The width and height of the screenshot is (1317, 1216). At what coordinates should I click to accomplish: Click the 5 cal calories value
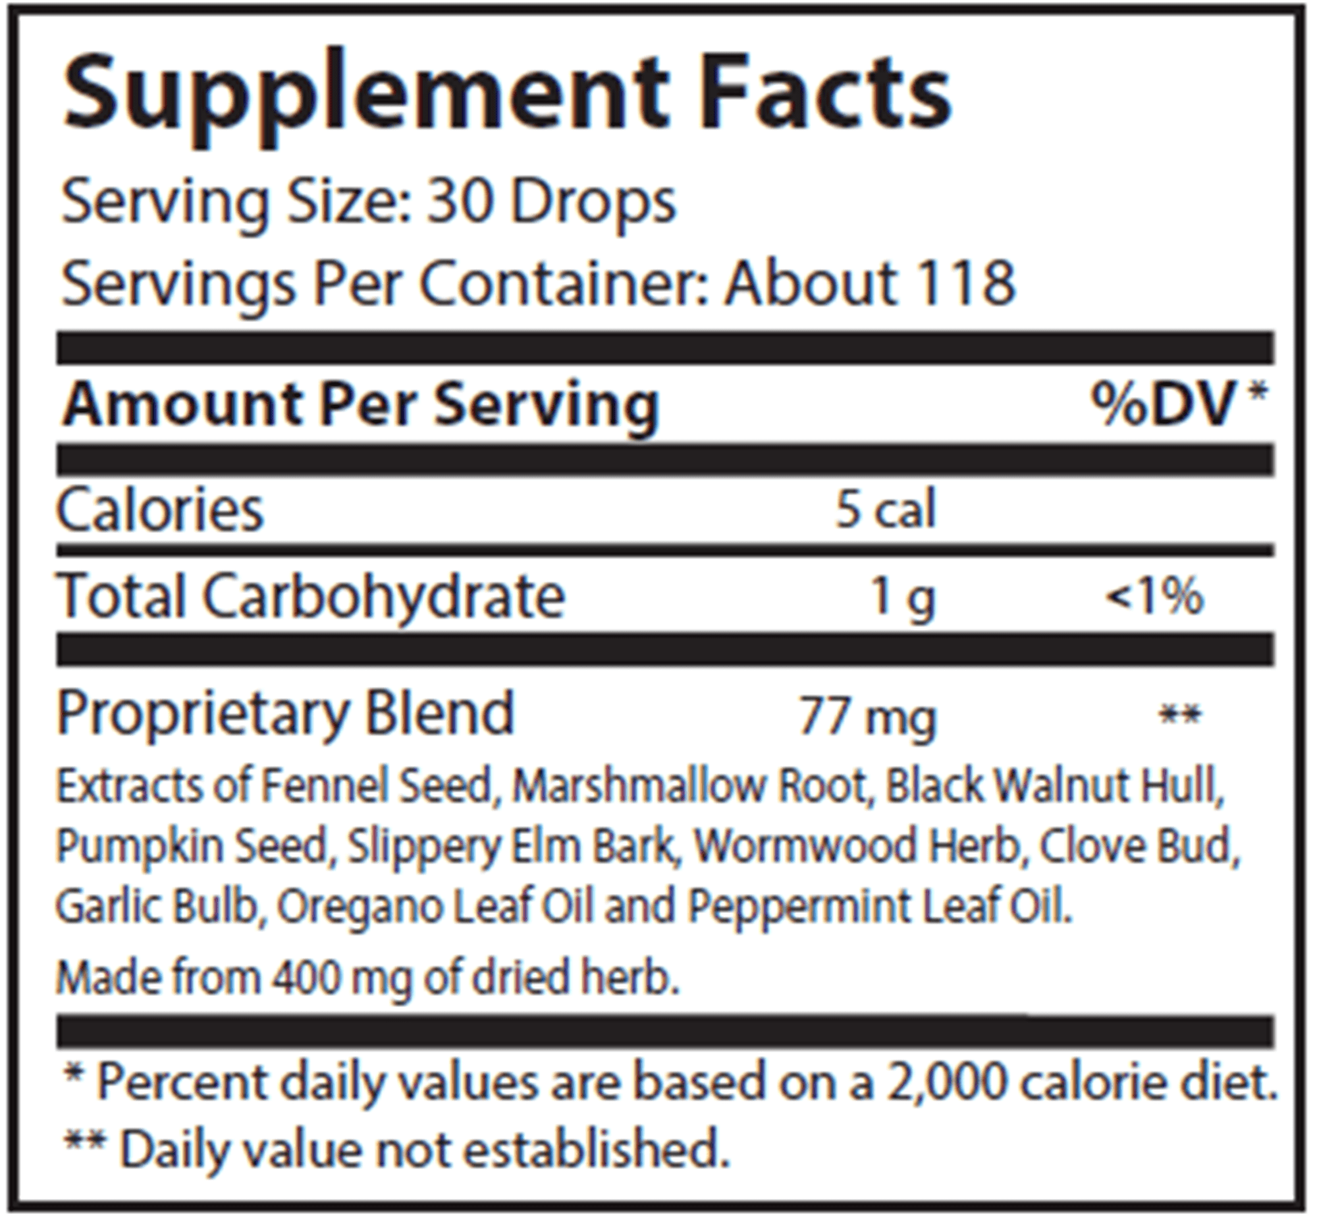(885, 509)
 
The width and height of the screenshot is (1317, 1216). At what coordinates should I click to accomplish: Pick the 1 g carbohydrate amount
(901, 597)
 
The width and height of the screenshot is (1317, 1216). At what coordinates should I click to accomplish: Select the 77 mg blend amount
(867, 717)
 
